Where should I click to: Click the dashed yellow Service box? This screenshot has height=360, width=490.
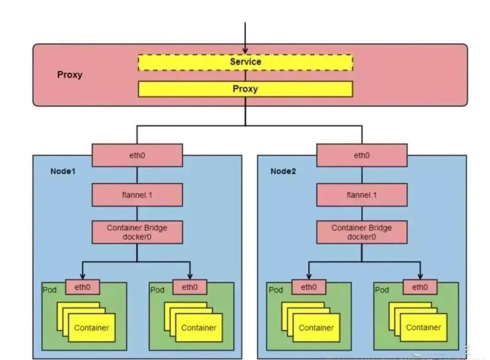point(245,62)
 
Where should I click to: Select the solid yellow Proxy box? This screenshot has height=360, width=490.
point(245,89)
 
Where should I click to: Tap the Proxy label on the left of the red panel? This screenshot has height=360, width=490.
point(70,75)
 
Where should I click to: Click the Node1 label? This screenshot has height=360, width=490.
point(63,171)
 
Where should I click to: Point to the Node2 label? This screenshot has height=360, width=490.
point(284,171)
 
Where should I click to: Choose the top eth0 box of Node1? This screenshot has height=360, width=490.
point(137,155)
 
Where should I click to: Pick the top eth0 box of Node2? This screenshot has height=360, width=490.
point(362,155)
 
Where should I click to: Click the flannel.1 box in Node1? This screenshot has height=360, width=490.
point(137,195)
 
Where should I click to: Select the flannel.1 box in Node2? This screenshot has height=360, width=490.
point(362,195)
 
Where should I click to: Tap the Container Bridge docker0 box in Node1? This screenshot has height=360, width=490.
point(137,232)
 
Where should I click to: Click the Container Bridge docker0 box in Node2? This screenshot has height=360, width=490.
point(362,232)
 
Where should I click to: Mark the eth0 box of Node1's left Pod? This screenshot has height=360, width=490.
point(83,287)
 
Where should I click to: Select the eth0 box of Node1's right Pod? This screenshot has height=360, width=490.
point(190,287)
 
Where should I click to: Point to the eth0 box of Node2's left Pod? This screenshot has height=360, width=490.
point(309,287)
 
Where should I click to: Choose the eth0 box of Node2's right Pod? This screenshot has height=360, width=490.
point(420,287)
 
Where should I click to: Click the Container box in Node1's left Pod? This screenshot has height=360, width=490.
point(92,328)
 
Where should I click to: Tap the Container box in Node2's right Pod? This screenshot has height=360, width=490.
point(424,327)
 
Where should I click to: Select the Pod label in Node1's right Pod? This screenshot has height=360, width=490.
point(157,290)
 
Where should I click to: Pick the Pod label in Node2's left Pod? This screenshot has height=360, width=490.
point(275,290)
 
